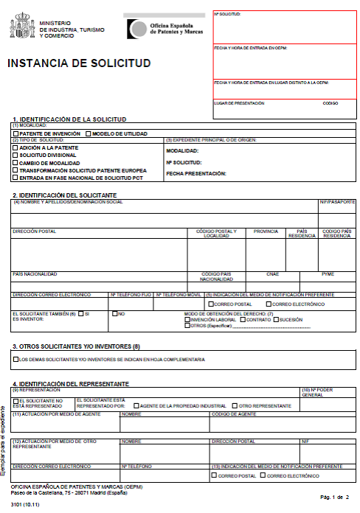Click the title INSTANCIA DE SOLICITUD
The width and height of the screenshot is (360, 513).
point(79,63)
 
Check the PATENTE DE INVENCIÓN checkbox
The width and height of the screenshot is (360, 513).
point(16,133)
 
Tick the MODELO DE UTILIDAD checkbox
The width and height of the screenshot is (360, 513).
point(88,133)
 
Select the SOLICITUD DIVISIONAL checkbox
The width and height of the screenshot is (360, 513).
point(15,156)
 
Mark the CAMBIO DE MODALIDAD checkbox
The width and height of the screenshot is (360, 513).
point(15,163)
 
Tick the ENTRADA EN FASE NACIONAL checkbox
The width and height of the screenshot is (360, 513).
point(15,178)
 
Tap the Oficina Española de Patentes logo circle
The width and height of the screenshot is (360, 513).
point(137,29)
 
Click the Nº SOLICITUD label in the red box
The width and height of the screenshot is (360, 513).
point(227,14)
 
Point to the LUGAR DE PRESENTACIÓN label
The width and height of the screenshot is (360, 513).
point(238,103)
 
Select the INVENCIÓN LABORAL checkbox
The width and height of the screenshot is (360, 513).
point(187,319)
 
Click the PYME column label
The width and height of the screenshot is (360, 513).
point(328,273)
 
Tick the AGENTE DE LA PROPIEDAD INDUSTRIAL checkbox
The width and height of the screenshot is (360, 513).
point(136,405)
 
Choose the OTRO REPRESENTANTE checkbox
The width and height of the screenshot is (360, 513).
point(235,405)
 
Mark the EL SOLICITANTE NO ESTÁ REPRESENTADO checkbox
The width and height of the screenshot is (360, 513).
point(15,402)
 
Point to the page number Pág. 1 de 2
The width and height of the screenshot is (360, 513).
point(334,498)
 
